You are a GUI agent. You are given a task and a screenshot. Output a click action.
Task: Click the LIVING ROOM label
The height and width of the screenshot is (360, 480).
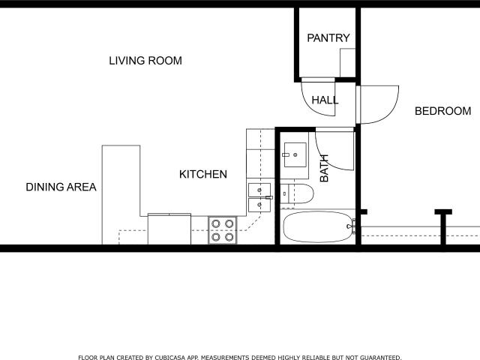tap(145, 61)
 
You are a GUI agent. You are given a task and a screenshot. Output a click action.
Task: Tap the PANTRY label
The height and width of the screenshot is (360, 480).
tap(328, 38)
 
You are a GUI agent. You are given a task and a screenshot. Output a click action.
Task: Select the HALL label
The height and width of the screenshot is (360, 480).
tap(325, 100)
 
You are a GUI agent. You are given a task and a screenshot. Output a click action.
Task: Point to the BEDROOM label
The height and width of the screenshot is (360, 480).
tap(442, 111)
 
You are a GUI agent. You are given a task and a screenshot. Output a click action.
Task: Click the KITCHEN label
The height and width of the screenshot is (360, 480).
tap(203, 174)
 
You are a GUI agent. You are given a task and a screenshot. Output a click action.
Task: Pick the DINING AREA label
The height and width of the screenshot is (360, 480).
tap(61, 187)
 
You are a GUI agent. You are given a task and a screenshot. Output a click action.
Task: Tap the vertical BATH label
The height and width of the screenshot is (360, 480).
tap(324, 168)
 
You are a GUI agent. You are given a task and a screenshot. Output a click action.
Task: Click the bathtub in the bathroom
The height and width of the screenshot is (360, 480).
tap(318, 226)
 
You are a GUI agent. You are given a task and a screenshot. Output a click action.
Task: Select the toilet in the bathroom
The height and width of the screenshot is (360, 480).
tap(297, 193)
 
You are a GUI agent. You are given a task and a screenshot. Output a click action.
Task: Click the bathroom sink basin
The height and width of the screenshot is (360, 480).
tap(295, 155)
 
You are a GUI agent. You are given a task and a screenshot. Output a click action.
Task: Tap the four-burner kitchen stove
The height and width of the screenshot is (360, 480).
tap(223, 230)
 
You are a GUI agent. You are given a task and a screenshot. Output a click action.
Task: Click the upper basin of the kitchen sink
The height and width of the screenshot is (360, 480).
tap(259, 190)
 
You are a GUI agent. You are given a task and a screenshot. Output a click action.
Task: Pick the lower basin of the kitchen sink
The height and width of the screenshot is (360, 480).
tap(259, 205)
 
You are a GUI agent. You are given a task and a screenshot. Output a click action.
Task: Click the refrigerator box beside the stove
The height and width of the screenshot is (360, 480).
tap(169, 229)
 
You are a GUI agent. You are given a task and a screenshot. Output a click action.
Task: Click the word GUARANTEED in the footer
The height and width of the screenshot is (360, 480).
tap(380, 357)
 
